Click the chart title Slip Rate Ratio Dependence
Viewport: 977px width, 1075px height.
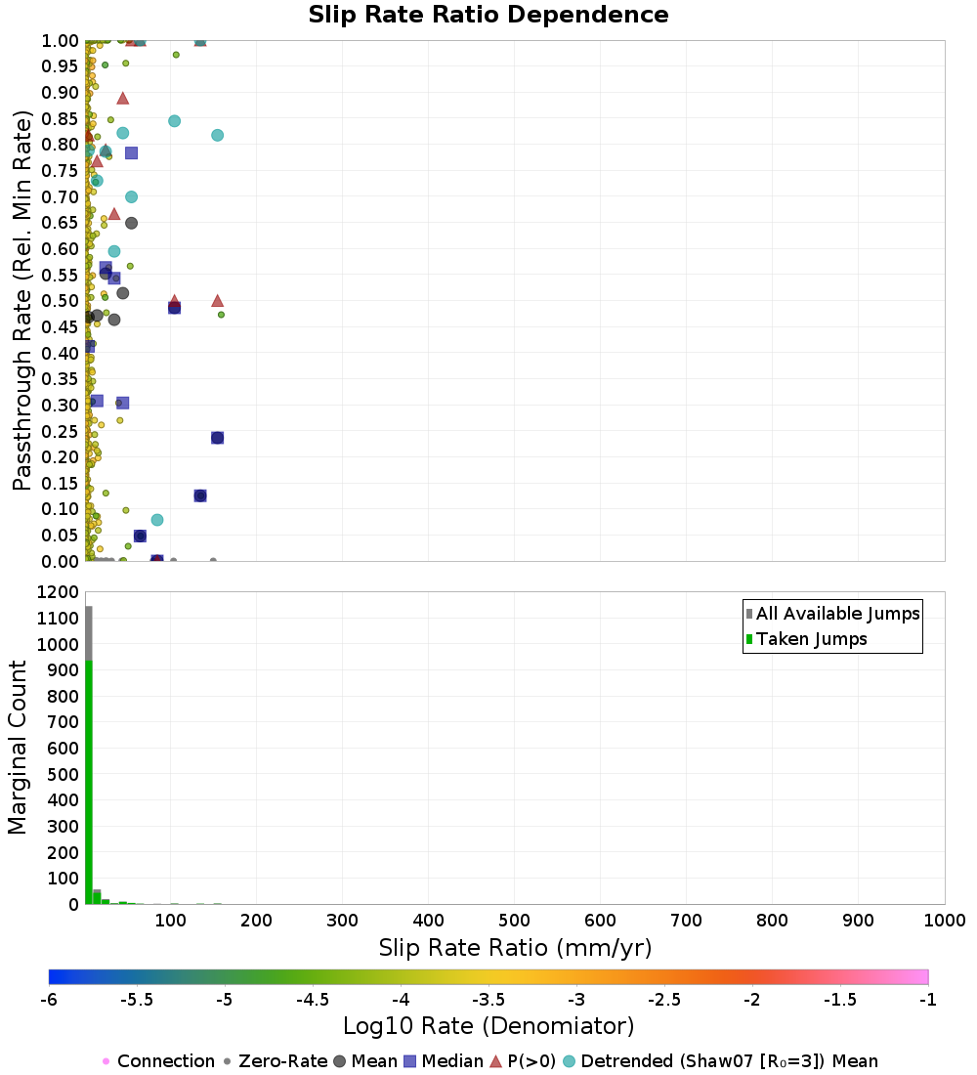tap(488, 16)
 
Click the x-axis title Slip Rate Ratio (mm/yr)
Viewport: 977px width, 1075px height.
tap(515, 949)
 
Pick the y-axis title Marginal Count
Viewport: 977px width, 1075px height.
tap(19, 748)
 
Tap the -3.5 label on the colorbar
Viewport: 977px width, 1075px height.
tap(488, 1000)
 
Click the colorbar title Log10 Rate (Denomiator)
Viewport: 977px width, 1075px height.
tap(488, 1026)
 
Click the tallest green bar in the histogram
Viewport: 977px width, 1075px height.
tap(89, 782)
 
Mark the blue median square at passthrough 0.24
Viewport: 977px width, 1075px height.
tap(217, 438)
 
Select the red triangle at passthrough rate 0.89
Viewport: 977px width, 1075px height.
tap(122, 98)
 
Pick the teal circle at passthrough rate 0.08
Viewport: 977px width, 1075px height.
tap(157, 520)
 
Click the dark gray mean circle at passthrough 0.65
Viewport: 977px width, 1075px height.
tap(131, 223)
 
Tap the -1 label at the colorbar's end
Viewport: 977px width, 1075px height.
tap(927, 1000)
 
